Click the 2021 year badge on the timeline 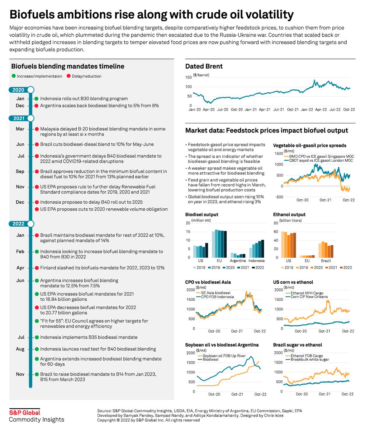tap(19, 118)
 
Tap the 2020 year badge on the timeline tap(19, 90)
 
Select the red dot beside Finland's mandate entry tap(36, 268)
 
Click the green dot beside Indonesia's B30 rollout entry tap(36, 98)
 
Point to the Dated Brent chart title tap(204, 66)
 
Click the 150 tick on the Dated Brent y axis tap(188, 78)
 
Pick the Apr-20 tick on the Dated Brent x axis tap(209, 109)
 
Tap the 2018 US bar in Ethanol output tap(282, 244)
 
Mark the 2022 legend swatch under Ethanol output tap(341, 268)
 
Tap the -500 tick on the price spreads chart tap(278, 197)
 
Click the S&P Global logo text tap(24, 413)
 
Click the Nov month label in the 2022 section tap(20, 374)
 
